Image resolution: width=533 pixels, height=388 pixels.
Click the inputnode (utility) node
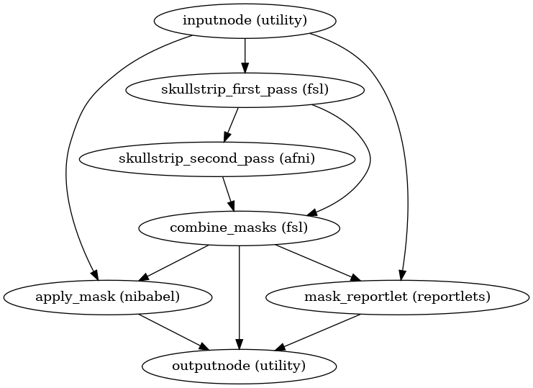(245, 20)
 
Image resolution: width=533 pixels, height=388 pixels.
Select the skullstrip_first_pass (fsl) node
(245, 90)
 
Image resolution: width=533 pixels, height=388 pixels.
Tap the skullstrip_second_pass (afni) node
(217, 159)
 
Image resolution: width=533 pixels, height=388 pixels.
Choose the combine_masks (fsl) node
(239, 229)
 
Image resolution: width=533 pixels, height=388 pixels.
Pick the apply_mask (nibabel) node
(108, 297)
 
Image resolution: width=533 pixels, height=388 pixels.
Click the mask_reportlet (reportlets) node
(388, 297)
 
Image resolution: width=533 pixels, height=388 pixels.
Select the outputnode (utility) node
(239, 366)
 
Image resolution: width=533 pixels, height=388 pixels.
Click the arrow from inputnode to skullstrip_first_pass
(245, 55)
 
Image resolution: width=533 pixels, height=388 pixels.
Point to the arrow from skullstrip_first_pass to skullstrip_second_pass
(232, 124)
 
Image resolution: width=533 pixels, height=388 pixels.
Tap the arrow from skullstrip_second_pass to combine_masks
(228, 194)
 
